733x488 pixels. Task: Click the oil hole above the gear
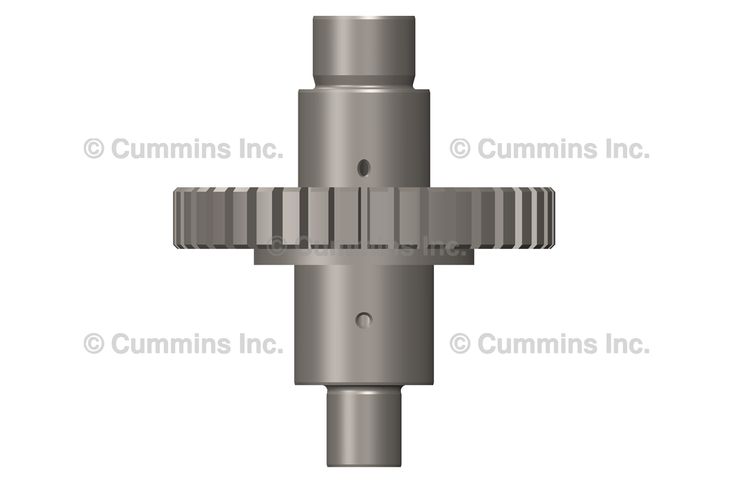(364, 167)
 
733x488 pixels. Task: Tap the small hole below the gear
(364, 321)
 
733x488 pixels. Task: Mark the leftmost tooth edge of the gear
(176, 218)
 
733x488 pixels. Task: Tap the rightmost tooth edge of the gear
(552, 218)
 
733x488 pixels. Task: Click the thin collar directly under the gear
(364, 256)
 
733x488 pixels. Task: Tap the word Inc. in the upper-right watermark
(623, 149)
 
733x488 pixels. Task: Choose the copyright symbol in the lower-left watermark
(94, 343)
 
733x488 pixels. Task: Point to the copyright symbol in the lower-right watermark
(460, 343)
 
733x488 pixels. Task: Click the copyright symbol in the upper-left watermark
(94, 149)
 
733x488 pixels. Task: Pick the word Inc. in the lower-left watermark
(258, 343)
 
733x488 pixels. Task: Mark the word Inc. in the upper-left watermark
(258, 149)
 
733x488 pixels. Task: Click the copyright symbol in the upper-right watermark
(460, 149)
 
